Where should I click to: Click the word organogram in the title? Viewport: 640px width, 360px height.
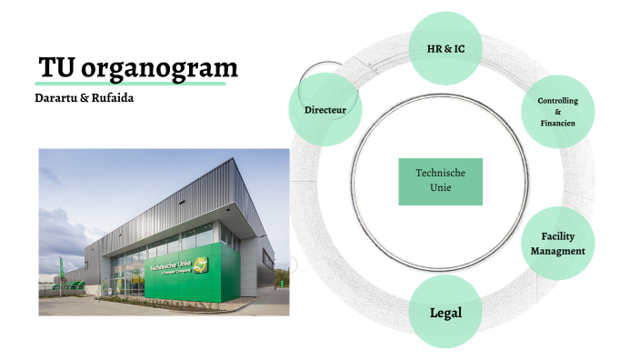pos(159,67)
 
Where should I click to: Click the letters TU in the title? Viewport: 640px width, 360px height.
pos(56,67)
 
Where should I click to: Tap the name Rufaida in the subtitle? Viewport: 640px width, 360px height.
pos(112,96)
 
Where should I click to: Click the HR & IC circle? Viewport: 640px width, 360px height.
pos(445,47)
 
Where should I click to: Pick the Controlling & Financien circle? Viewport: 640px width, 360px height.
pos(558,111)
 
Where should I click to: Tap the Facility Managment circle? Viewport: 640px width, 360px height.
pos(557,244)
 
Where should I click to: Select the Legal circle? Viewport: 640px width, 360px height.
pos(445,313)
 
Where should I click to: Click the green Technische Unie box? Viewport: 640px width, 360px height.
pos(440,181)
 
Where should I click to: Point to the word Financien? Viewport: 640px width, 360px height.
pos(558,123)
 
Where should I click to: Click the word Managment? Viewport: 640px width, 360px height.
pos(557,250)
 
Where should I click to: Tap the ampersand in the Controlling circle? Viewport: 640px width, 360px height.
pos(558,111)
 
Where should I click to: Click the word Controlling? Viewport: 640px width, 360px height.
pos(558,100)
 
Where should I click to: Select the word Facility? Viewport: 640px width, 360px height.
pos(557,236)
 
